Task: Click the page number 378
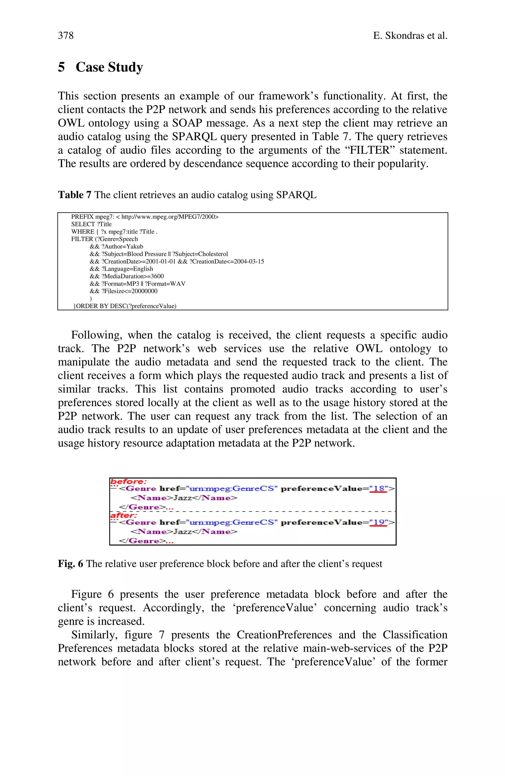(x=66, y=35)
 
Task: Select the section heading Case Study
(x=109, y=67)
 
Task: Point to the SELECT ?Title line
(x=91, y=224)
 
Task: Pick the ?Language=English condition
(x=127, y=269)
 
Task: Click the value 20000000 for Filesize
(x=144, y=291)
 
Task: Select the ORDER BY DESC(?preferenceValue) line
(x=125, y=306)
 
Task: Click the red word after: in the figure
(x=124, y=515)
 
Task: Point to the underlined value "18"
(x=378, y=489)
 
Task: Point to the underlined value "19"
(x=378, y=522)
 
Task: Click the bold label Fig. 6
(x=70, y=564)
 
